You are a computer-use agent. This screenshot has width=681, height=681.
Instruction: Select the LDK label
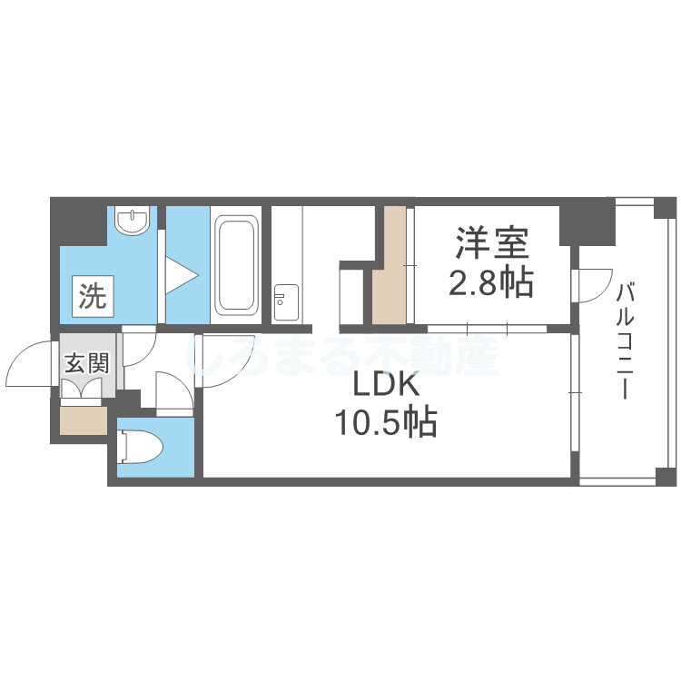click(385, 386)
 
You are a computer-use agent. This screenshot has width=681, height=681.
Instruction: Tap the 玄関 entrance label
click(87, 364)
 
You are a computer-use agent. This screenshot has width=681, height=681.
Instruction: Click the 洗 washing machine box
click(92, 296)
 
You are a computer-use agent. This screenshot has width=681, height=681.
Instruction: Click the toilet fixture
click(141, 447)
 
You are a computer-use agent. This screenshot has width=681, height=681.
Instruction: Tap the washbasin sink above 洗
click(133, 220)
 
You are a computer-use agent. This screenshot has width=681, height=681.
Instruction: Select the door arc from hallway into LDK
click(218, 359)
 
